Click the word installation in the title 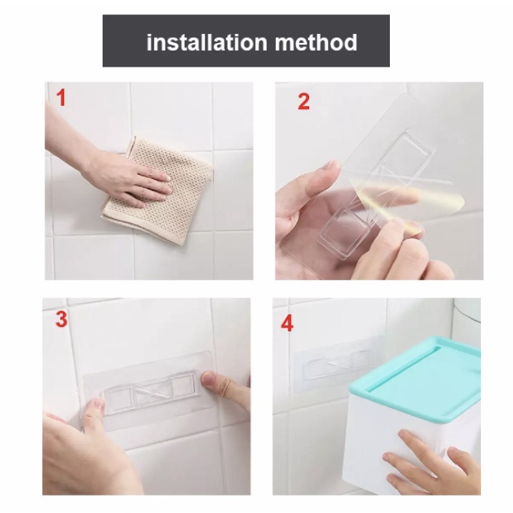[207, 42]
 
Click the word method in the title [316, 42]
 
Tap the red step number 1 [61, 97]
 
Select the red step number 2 [303, 101]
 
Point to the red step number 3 [62, 319]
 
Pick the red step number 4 [287, 324]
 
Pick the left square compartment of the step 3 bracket [118, 398]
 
